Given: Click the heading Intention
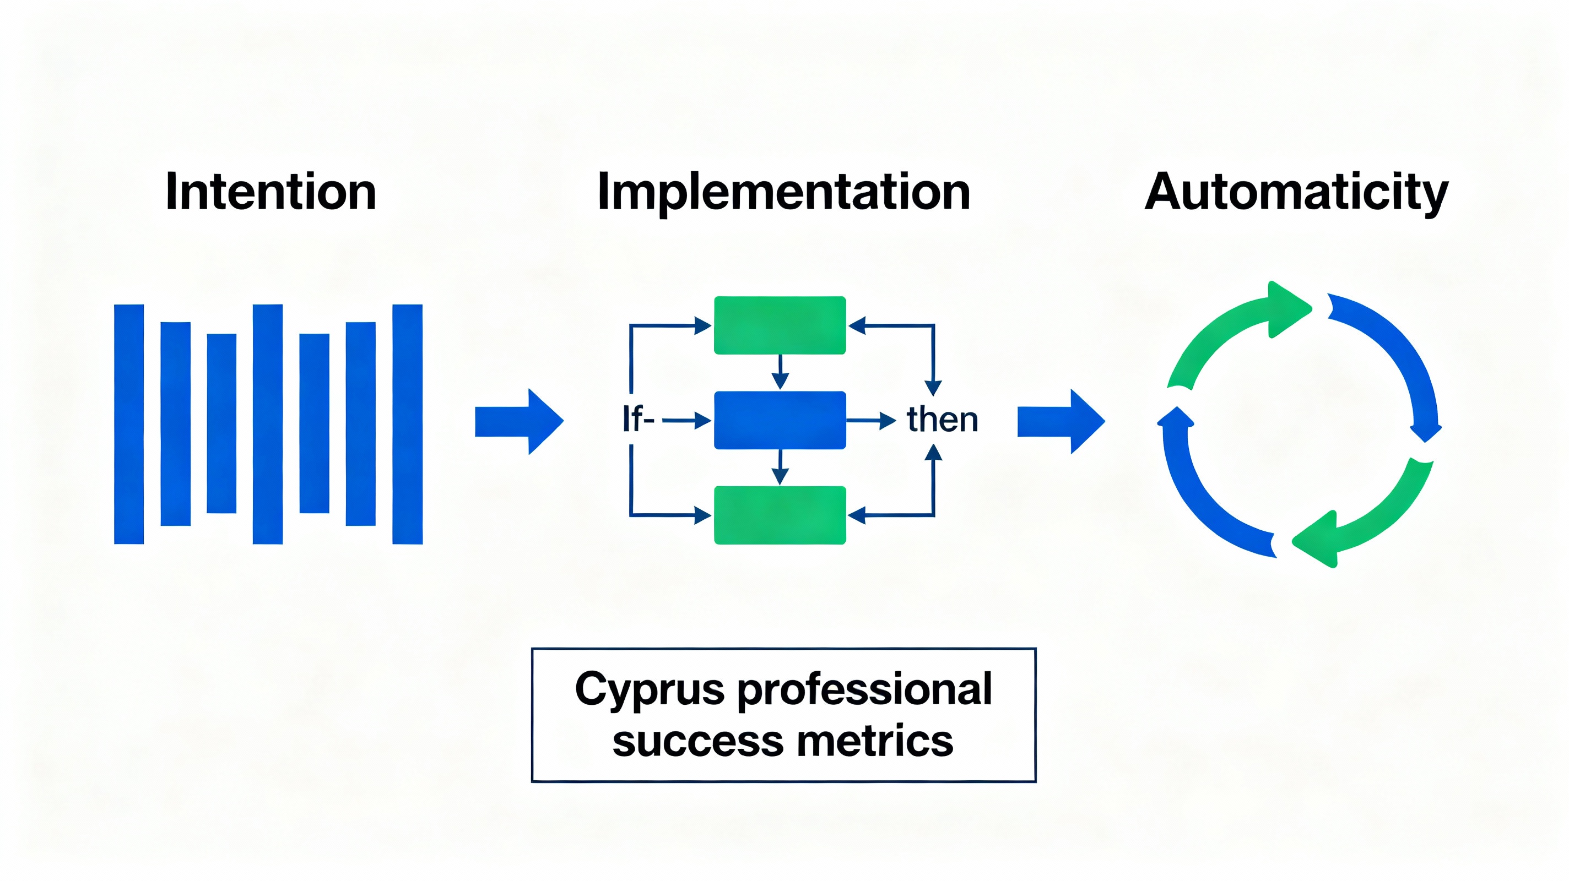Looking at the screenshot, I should [x=270, y=192].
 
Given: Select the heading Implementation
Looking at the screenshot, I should [x=783, y=192].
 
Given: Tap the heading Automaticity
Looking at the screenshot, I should [x=1296, y=192].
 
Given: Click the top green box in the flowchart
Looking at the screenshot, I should [x=780, y=325].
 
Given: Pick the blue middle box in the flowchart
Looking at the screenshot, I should [x=780, y=420].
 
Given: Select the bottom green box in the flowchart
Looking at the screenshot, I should [x=780, y=515].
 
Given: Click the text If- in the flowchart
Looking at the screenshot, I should [x=637, y=420].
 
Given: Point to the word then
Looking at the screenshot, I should [x=942, y=420].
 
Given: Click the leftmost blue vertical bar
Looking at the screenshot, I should [x=129, y=424].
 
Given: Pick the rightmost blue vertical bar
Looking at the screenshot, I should [x=408, y=424].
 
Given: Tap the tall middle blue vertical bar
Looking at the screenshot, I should [x=267, y=424].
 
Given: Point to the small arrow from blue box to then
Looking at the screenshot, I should [x=871, y=420].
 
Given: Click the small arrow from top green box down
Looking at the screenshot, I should [x=780, y=371].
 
